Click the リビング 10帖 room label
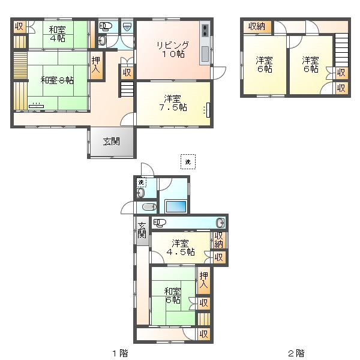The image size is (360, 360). point(173,49)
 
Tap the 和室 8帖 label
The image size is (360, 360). point(57,80)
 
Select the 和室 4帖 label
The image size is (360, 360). point(58,34)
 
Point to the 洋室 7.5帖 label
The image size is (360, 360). point(173,103)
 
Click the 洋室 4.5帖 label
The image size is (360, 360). point(181,248)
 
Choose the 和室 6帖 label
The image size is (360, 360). point(173,296)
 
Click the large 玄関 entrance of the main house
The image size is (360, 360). point(112,142)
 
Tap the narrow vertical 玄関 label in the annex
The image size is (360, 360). point(142,230)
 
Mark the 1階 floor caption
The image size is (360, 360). point(120,353)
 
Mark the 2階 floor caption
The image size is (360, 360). point(296,353)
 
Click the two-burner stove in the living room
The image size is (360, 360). point(205,31)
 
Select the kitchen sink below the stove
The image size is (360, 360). point(205,54)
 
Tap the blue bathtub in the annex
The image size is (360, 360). point(176,206)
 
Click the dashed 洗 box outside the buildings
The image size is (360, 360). point(188,162)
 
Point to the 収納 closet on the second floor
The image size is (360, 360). point(257,26)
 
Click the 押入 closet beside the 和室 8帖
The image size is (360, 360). point(96,65)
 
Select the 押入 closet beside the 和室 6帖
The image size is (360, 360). point(203,280)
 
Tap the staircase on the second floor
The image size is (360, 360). point(341,50)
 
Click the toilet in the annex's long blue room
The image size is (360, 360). point(160,223)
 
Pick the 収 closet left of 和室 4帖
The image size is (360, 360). point(20,27)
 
